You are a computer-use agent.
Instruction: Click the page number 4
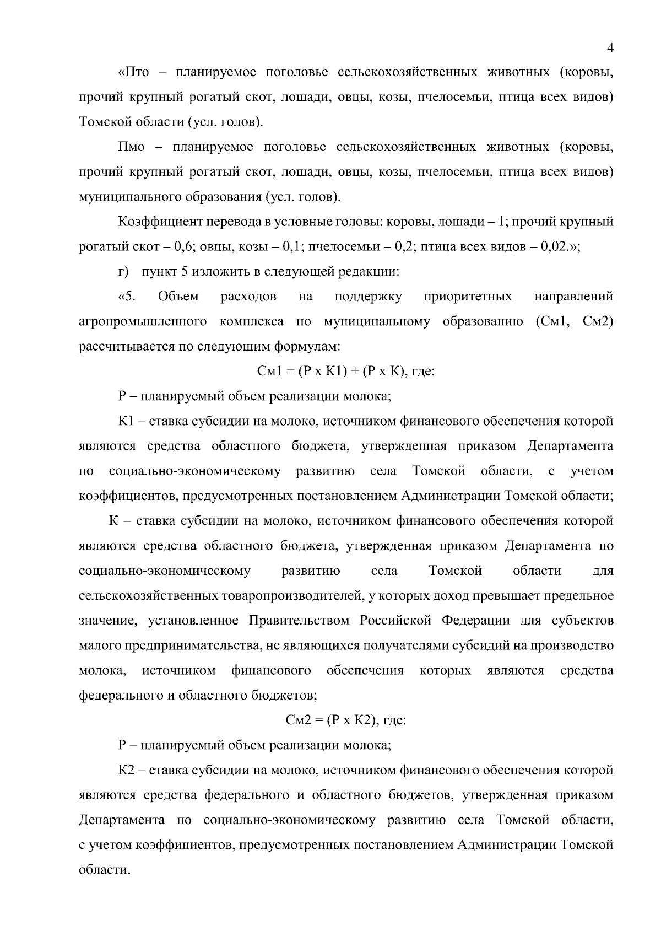tap(610, 48)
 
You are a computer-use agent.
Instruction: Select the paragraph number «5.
tap(127, 297)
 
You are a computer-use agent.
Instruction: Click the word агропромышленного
tap(143, 322)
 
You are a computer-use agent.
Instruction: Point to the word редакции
tap(370, 272)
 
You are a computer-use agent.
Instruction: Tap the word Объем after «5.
tap(178, 297)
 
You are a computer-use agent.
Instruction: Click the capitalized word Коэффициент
tap(155, 222)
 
